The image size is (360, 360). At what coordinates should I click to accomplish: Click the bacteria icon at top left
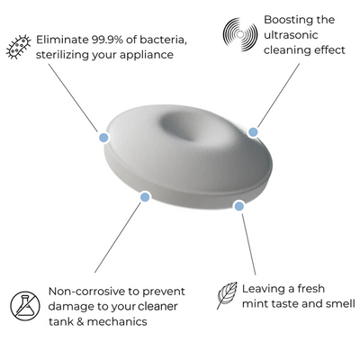pos(18,46)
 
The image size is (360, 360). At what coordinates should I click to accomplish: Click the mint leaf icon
pos(227,294)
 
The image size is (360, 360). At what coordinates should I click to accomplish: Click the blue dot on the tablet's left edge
pos(103,138)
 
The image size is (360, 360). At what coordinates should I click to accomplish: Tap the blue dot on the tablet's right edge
pos(253,132)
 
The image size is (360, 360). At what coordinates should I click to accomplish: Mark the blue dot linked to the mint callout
pos(238,206)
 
